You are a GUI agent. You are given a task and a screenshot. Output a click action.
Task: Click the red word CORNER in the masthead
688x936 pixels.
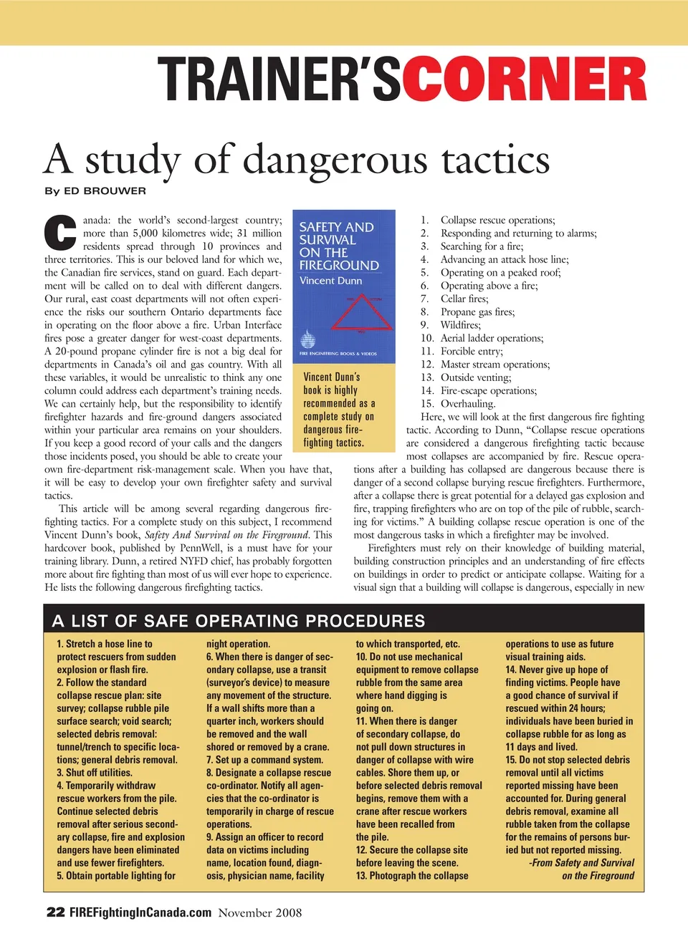(524, 79)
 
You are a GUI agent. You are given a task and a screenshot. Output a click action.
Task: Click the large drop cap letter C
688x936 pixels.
(60, 233)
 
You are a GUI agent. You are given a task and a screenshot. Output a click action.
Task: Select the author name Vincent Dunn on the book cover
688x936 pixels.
(330, 281)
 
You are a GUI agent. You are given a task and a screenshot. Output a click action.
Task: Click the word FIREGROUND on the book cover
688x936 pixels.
(339, 266)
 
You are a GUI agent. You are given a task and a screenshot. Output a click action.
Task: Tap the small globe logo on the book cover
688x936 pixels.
(308, 339)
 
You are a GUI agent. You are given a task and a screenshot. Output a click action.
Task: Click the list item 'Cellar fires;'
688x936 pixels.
(464, 299)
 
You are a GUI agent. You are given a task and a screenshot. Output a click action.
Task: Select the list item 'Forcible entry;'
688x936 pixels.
(472, 351)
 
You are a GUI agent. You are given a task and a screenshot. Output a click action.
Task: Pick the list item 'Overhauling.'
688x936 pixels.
(467, 403)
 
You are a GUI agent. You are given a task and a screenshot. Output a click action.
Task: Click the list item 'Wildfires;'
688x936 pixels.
(461, 325)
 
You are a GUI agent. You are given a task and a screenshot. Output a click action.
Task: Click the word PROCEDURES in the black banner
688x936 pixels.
(358, 621)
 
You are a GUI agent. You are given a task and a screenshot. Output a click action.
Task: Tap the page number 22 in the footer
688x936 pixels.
(55, 912)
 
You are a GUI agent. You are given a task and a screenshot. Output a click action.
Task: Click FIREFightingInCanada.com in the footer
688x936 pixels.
(140, 912)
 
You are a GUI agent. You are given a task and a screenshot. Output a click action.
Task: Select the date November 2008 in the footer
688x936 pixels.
(260, 912)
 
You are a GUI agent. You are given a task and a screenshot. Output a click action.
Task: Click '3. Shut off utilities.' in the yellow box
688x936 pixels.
(95, 773)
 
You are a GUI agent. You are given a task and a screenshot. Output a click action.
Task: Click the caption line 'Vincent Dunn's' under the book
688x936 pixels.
(332, 377)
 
